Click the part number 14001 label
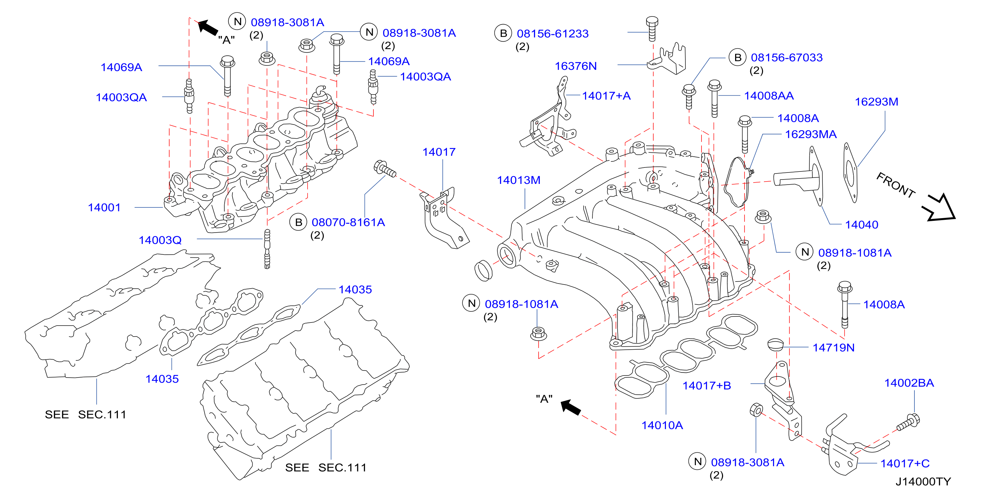(104, 208)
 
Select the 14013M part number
(519, 180)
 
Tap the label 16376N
(576, 66)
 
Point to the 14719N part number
(834, 348)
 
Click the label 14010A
(662, 425)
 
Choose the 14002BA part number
(909, 383)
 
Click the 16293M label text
(876, 102)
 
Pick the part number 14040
(861, 225)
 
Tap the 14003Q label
(160, 240)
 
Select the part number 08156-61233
(552, 34)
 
